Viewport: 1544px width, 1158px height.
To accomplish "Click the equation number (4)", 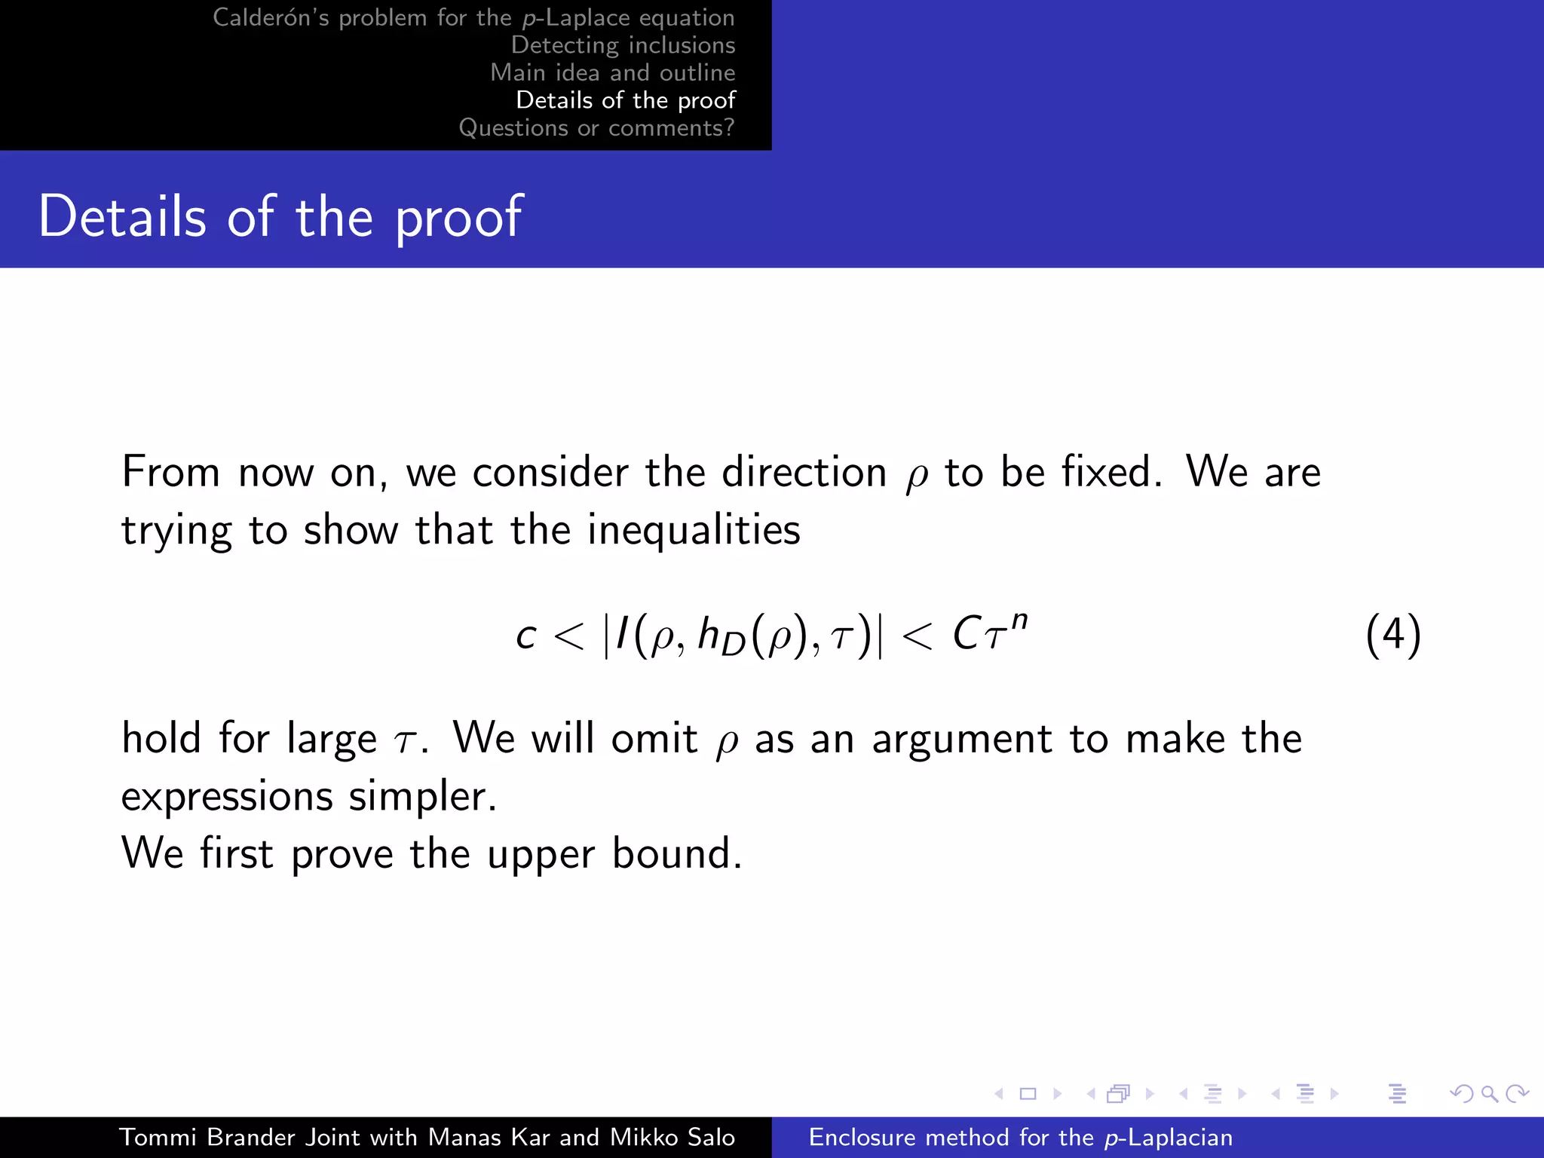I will [x=1392, y=635].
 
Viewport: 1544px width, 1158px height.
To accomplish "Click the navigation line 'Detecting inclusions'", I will [x=623, y=45].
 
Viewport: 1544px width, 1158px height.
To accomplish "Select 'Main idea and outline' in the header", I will [x=612, y=72].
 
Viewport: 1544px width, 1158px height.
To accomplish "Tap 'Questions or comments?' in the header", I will [x=596, y=128].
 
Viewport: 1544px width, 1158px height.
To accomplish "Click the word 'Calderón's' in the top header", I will [x=271, y=17].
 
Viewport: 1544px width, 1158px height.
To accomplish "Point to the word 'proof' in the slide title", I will [x=458, y=218].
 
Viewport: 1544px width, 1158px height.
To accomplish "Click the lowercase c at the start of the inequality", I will [x=525, y=636].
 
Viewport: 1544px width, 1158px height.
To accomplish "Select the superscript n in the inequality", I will [x=1019, y=620].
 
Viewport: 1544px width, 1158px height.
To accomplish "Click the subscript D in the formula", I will [x=733, y=645].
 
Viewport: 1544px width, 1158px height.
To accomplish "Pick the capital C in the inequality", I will [x=966, y=633].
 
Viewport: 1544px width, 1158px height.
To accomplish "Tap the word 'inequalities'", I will [x=694, y=530].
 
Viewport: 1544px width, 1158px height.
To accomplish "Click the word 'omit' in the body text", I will [x=654, y=738].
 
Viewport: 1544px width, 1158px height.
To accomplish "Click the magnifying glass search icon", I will [x=1489, y=1093].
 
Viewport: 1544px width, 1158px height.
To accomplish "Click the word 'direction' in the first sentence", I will [x=804, y=473].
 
